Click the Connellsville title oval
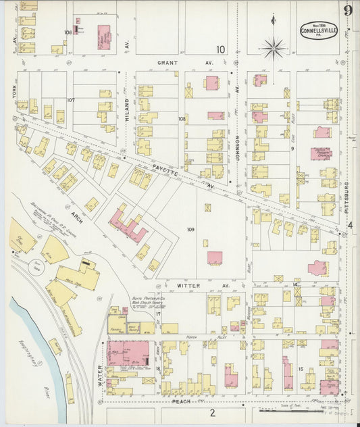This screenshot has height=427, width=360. (x=319, y=30)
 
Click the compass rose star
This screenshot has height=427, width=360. (x=274, y=48)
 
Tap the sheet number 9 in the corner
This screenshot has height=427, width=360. (x=347, y=10)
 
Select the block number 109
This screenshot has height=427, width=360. (x=191, y=230)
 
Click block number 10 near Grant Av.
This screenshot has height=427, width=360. (x=220, y=49)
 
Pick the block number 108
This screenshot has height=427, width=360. (x=182, y=118)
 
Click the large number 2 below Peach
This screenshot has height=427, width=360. (x=211, y=412)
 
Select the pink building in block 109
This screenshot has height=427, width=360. (x=215, y=258)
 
